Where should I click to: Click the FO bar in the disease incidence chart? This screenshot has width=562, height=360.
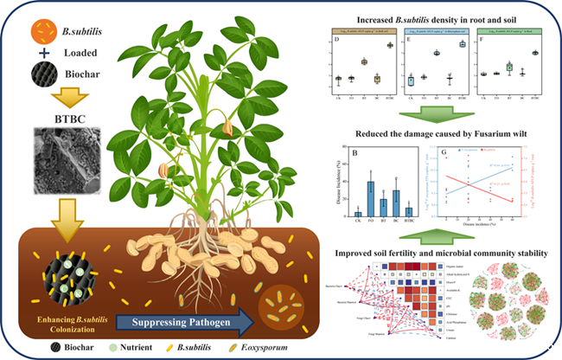[370, 198]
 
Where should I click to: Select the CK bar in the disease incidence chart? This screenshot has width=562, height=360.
[358, 212]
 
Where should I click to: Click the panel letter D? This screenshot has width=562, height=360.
[335, 39]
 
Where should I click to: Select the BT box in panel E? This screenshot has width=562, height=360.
[437, 54]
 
